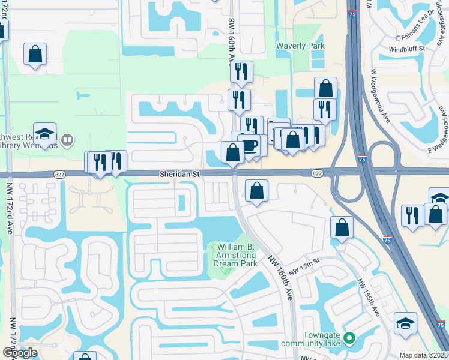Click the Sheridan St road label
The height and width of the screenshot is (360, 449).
[x=178, y=173]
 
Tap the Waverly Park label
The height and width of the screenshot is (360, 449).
[x=300, y=46]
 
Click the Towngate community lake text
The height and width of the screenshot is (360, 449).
[x=312, y=338]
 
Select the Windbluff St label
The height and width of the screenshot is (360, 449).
[x=406, y=48]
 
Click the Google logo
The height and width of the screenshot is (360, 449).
[x=20, y=352]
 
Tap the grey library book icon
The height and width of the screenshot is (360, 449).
[x=68, y=140]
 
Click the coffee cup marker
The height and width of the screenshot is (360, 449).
[x=249, y=145]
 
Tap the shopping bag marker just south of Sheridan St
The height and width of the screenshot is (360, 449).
[x=256, y=191]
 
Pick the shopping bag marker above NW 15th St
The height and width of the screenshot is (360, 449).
[x=342, y=227]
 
